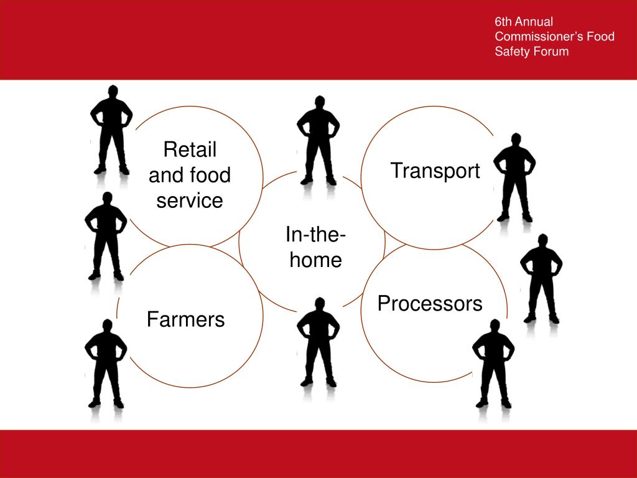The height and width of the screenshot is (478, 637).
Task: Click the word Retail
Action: pyautogui.click(x=190, y=149)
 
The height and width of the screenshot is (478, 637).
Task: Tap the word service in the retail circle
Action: pyautogui.click(x=190, y=200)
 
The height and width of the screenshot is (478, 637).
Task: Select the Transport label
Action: pyautogui.click(x=435, y=171)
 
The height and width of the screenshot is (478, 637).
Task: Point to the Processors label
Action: pyautogui.click(x=430, y=304)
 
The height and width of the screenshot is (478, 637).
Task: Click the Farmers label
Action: pyautogui.click(x=185, y=319)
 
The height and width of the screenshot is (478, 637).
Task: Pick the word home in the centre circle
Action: pyautogui.click(x=316, y=260)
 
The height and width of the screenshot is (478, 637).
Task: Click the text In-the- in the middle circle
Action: pyautogui.click(x=316, y=235)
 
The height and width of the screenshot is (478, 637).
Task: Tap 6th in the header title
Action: pyautogui.click(x=502, y=22)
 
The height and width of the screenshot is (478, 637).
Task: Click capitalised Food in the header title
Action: pyautogui.click(x=601, y=37)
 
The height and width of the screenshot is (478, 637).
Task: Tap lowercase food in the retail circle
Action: pyautogui.click(x=208, y=175)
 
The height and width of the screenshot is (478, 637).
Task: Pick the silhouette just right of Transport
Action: pyautogui.click(x=515, y=177)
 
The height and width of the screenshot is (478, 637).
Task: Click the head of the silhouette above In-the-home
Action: pyautogui.click(x=320, y=102)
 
